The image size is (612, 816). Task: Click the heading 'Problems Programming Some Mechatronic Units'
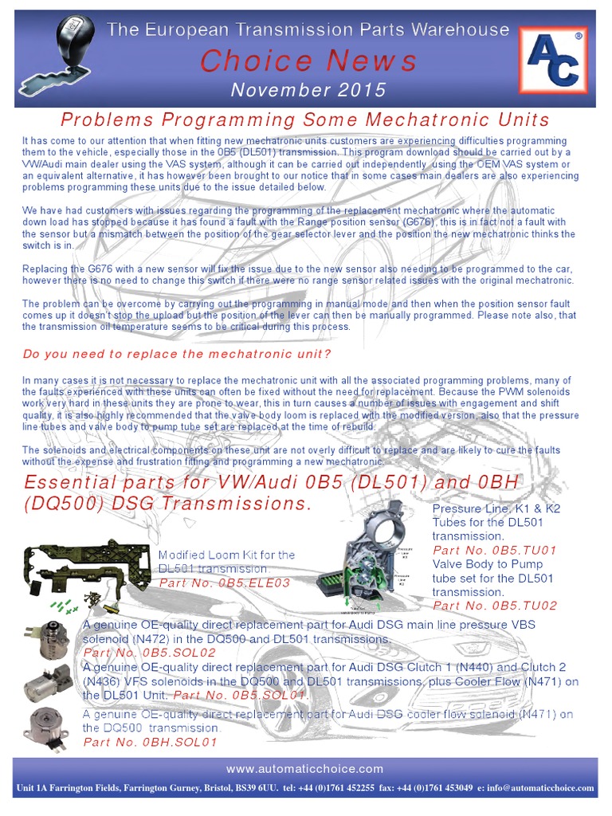tap(306, 120)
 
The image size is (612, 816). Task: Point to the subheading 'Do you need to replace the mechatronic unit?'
tap(177, 353)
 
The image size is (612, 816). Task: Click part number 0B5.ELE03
tap(225, 583)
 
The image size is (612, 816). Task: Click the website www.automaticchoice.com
tap(306, 769)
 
